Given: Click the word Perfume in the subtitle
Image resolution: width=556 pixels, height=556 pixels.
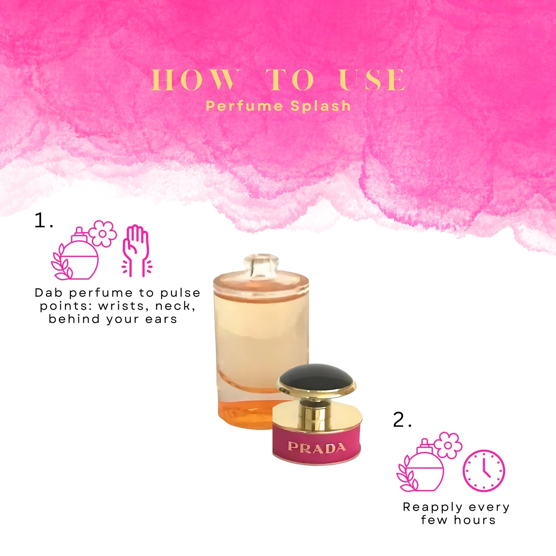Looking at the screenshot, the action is [244, 106].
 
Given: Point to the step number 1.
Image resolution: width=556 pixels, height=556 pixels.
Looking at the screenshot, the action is [43, 221].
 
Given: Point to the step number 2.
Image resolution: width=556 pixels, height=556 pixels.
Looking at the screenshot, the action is [402, 420].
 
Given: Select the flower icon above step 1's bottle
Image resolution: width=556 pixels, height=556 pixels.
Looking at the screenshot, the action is [102, 234].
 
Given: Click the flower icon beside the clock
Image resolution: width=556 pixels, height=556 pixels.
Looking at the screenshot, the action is [448, 446].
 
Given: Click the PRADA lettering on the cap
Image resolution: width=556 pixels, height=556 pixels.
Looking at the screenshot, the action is [317, 447].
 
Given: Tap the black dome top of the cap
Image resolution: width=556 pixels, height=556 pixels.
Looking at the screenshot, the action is [316, 377].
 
